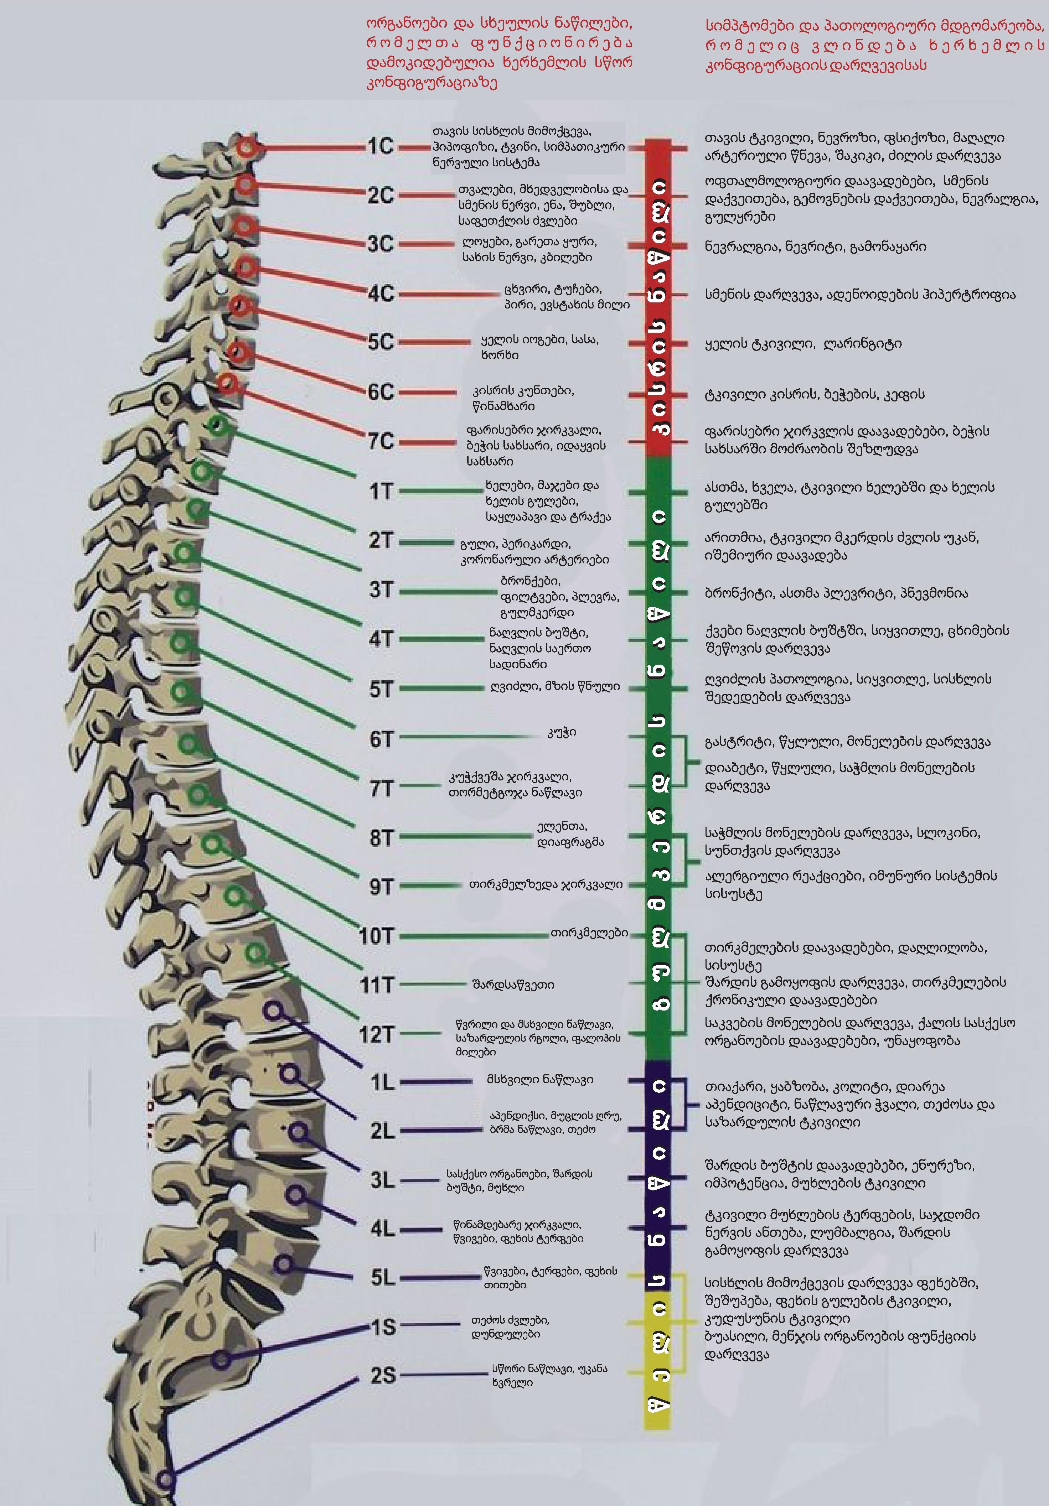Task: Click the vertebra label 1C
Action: point(381,146)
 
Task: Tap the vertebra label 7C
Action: point(381,441)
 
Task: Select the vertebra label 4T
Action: point(381,639)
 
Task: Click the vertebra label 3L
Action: point(382,1181)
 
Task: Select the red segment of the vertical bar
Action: point(657,295)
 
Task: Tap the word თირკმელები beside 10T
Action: point(589,933)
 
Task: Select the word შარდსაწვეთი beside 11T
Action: point(513,985)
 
